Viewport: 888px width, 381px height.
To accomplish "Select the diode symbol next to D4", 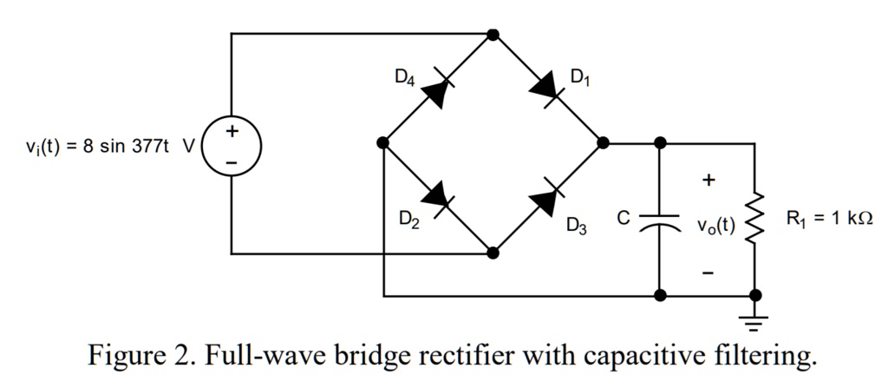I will [438, 89].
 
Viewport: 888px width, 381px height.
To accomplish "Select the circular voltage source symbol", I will [231, 144].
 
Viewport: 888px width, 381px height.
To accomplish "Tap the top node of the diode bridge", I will [493, 35].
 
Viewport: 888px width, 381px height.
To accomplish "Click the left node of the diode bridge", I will [383, 143].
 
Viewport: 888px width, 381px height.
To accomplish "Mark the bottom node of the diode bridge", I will [493, 253].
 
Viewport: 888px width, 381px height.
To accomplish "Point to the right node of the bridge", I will [603, 143].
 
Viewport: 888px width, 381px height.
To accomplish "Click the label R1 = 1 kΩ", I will [827, 220].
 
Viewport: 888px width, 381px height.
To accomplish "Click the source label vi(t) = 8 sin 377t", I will [108, 145].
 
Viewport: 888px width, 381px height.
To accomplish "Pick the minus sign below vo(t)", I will [708, 273].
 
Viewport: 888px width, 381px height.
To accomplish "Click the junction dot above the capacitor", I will [660, 143].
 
